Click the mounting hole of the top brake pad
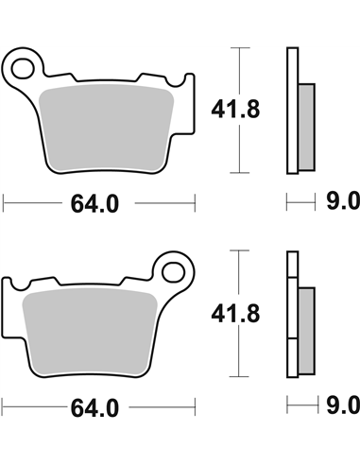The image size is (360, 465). pos(23,68)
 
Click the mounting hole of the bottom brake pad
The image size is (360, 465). pos(173,272)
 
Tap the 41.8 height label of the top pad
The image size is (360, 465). pos(235,109)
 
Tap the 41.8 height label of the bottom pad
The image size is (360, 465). pos(235,314)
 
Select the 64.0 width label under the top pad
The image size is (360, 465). pos(94,204)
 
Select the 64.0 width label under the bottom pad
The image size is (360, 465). pos(94,408)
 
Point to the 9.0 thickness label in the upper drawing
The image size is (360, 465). pos(343,201)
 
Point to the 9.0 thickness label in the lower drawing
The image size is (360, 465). pos(343,405)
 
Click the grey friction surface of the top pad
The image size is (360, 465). pos(106,128)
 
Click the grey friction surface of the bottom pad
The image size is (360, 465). pos(90,332)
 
